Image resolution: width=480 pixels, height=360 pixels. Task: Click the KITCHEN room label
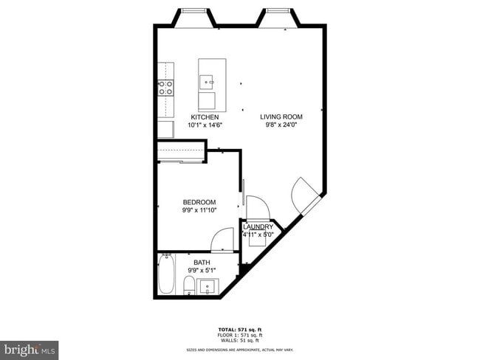[x=205, y=117]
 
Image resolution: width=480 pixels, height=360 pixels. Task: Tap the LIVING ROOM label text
[x=281, y=117]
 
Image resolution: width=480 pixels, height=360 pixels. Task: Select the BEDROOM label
[x=199, y=202]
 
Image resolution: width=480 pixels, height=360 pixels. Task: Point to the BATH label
[x=202, y=262]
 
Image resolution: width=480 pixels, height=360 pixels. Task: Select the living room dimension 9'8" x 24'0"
[x=281, y=125]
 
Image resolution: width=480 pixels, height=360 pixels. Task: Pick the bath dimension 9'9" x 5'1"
[x=202, y=270]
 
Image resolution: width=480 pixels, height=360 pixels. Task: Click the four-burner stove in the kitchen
[x=165, y=89]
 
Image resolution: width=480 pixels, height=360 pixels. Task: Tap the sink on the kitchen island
[x=207, y=81]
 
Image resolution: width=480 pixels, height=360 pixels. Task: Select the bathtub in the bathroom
[x=167, y=275]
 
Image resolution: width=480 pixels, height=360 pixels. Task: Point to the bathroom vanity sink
[x=209, y=286]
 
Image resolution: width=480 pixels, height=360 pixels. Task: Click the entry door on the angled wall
[x=304, y=195]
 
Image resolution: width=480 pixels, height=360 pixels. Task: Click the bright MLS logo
[x=30, y=347]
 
